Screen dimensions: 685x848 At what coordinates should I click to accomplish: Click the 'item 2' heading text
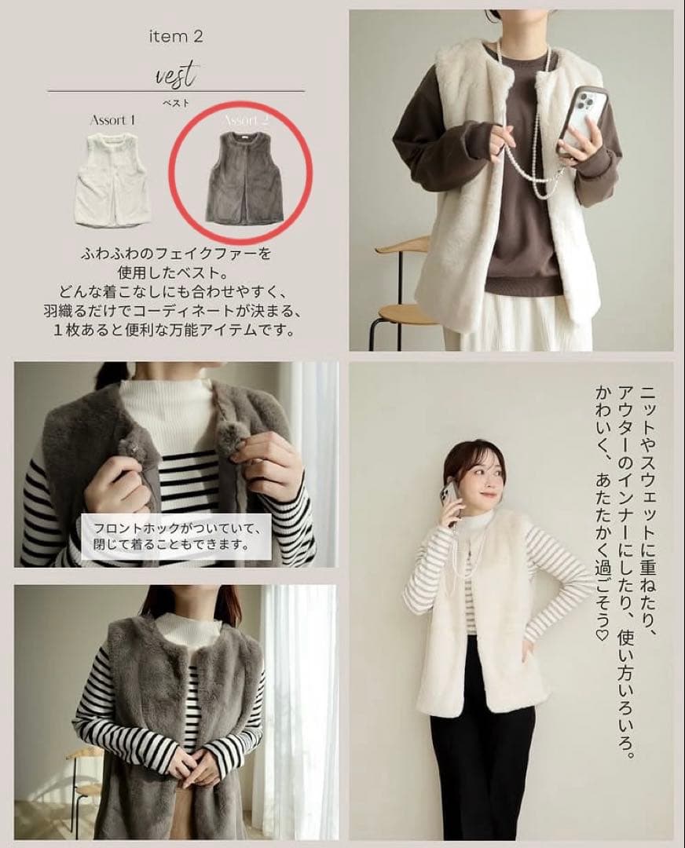176,37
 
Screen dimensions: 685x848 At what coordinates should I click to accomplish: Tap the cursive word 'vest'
177,75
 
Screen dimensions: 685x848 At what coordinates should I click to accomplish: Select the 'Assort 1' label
112,119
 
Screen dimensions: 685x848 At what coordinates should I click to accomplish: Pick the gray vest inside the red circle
245,177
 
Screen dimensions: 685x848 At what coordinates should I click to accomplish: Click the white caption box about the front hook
176,536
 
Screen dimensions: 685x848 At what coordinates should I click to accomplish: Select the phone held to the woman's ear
449,496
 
